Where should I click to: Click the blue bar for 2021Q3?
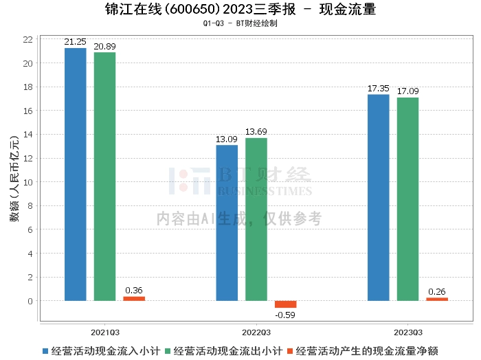coord(76,175)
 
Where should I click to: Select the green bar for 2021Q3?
coord(105,177)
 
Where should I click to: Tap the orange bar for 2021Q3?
coord(134,299)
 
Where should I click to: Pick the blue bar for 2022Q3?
coord(227,223)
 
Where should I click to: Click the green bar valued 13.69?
coord(256,220)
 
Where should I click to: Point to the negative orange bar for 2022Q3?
coord(286,304)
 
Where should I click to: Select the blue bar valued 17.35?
coord(379,198)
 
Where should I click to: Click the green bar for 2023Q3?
coord(407,199)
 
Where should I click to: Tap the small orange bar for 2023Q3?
coord(437,300)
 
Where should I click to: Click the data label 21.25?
coord(75,42)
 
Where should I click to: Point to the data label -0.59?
coord(285,315)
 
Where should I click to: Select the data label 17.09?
coord(407,91)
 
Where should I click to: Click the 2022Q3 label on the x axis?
coord(256,333)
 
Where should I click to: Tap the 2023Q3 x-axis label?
coord(408,333)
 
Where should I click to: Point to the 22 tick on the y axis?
coord(28,39)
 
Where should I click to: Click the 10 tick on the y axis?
coord(28,182)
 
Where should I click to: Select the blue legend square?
coord(45,351)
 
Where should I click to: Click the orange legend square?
coord(290,351)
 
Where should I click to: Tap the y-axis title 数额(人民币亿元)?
coord(14,179)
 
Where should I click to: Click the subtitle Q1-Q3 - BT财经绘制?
coord(240,23)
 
